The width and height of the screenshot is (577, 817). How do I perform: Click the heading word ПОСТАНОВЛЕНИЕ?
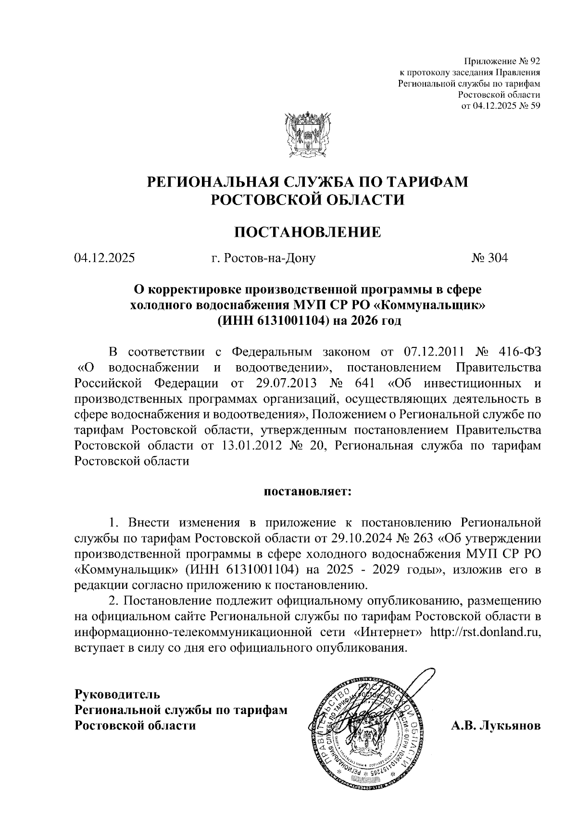[x=307, y=232]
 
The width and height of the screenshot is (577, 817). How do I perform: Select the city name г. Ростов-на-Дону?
[x=263, y=258]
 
